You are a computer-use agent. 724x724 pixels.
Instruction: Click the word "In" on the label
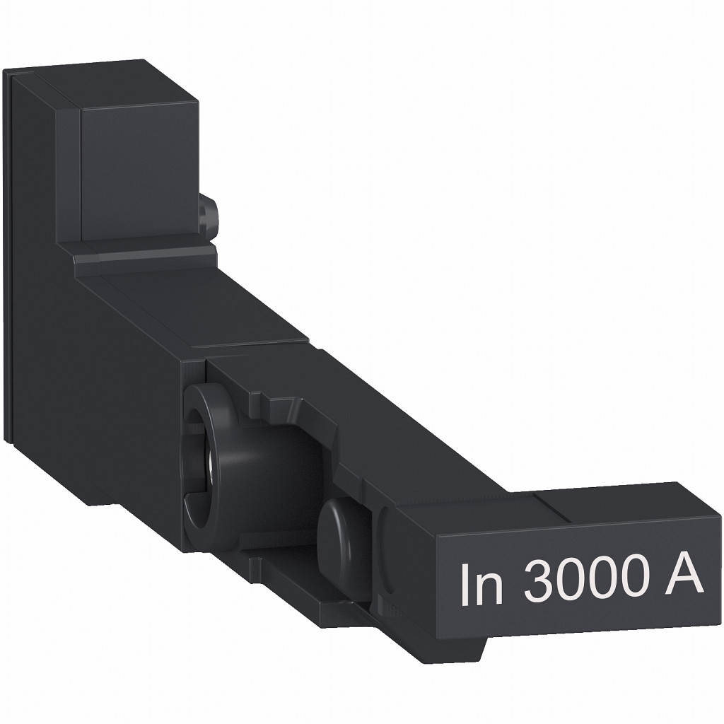pos(481,584)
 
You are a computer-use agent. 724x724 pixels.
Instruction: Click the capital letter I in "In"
pos(466,584)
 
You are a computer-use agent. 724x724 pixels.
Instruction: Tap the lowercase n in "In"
pos(491,588)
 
